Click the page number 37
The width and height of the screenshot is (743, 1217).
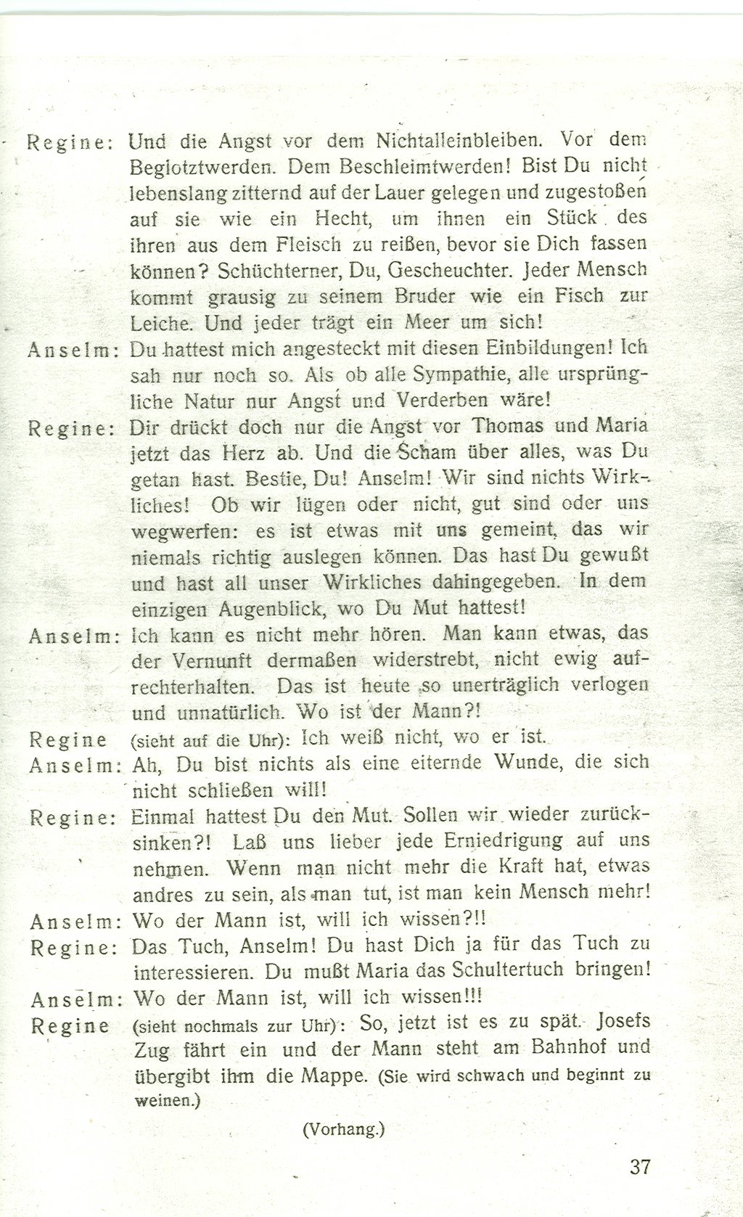(x=640, y=1167)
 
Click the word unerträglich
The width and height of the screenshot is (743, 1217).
(x=506, y=685)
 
